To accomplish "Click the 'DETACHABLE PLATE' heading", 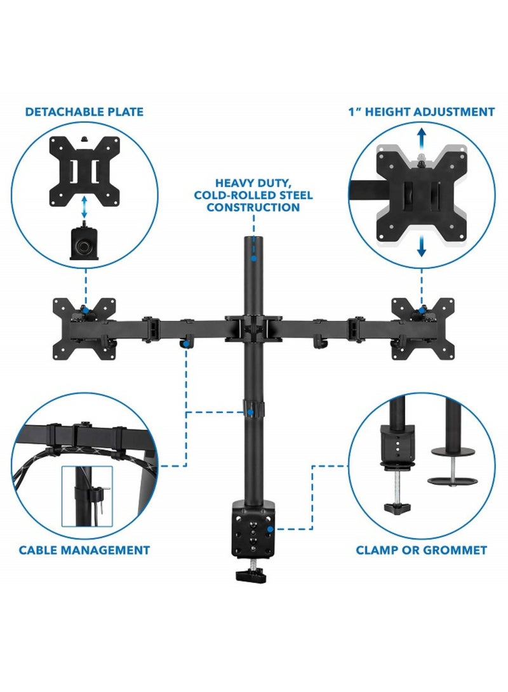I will click(84, 112).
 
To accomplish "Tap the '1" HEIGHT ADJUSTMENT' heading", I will click(421, 112).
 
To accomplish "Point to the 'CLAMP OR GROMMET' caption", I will click(422, 550).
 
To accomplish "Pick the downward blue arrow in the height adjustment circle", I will click(421, 247).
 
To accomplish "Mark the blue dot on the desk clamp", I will click(271, 528).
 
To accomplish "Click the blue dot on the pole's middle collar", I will click(251, 413).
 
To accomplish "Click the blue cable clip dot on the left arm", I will click(186, 344).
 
